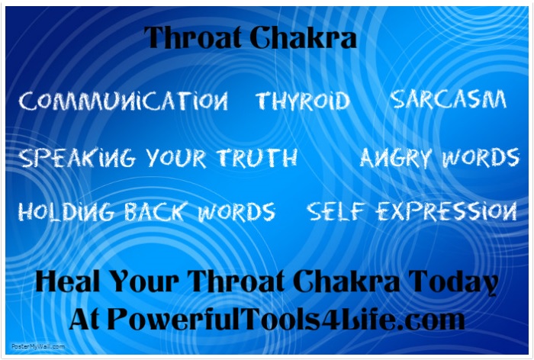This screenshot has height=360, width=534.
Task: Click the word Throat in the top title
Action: [193, 37]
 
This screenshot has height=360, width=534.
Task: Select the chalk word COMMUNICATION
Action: [124, 101]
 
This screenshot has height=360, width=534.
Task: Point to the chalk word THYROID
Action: [303, 101]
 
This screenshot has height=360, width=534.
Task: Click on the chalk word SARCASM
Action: [449, 99]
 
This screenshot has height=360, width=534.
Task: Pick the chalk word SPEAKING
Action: [76, 158]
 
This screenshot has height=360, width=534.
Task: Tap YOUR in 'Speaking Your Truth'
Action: [176, 159]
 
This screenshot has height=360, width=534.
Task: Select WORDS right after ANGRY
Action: [481, 157]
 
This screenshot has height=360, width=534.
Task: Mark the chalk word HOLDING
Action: [66, 211]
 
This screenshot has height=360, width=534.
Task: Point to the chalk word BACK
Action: [156, 211]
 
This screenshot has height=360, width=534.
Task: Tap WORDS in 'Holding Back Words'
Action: [236, 212]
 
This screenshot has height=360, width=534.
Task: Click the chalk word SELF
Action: [336, 211]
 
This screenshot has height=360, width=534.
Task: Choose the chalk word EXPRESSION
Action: [446, 211]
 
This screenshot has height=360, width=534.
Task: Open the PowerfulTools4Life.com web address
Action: [286, 319]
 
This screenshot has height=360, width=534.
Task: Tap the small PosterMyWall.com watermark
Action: [38, 346]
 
